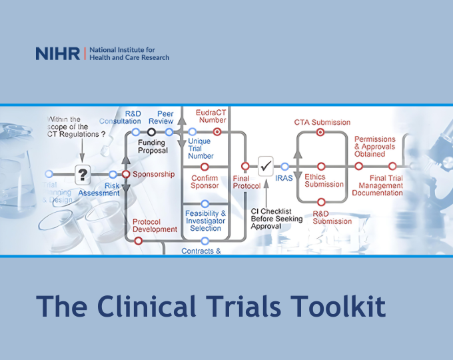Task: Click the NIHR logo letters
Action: click(58, 54)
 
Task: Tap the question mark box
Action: click(82, 175)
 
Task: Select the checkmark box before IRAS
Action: click(266, 165)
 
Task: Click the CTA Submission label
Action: click(322, 123)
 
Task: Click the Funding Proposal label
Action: click(153, 147)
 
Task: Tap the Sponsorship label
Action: click(153, 175)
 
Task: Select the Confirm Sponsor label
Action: click(205, 181)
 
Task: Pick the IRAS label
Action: click(284, 178)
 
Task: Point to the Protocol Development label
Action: click(155, 225)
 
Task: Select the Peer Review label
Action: click(165, 117)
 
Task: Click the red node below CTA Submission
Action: click(320, 133)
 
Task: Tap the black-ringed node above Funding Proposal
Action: click(152, 132)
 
